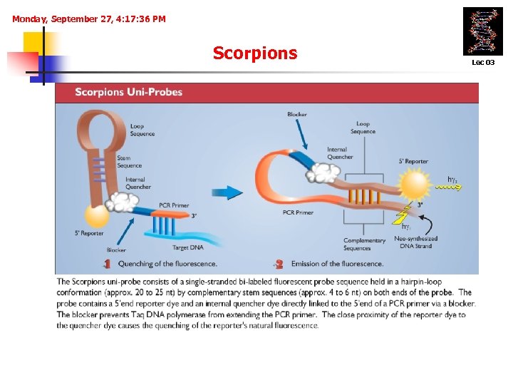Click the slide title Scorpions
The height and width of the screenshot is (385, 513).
[x=254, y=53]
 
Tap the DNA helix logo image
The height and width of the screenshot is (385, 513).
[x=482, y=31]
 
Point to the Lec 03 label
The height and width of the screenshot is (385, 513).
[x=482, y=63]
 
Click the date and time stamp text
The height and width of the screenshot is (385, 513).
[x=89, y=19]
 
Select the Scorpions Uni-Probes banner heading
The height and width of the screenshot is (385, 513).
[x=128, y=92]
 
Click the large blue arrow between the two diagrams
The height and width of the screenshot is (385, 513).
[x=227, y=192]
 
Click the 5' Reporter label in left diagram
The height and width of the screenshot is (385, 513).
[x=89, y=233]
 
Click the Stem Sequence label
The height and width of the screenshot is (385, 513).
[x=130, y=162]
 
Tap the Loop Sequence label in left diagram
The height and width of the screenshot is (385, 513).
[x=142, y=130]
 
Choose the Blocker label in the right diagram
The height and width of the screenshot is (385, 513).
[x=297, y=115]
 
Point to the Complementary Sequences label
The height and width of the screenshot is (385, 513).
[x=364, y=244]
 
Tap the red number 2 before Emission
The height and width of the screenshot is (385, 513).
[x=279, y=264]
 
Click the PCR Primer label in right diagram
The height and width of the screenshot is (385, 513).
[x=298, y=212]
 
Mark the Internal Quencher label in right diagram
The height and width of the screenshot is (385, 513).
[x=340, y=153]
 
